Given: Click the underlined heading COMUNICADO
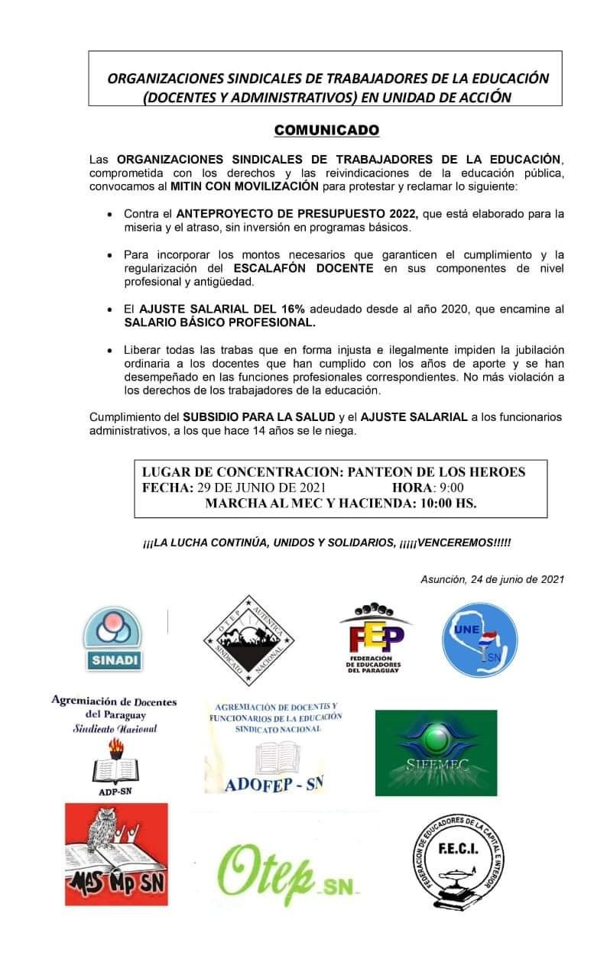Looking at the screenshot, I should click(x=326, y=130).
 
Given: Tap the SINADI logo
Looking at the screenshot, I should click(x=112, y=638).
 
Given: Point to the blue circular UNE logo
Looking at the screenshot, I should click(x=480, y=640).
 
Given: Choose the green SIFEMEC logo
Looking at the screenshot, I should click(x=436, y=753).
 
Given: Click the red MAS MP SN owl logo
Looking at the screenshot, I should click(x=116, y=854).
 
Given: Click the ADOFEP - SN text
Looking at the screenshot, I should click(x=274, y=782).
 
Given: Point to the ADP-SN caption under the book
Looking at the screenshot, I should click(x=115, y=791).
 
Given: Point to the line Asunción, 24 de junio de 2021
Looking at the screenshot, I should click(x=492, y=579).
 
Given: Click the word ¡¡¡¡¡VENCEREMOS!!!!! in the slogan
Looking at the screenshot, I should click(x=455, y=542).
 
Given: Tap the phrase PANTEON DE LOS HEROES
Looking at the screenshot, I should click(x=437, y=472).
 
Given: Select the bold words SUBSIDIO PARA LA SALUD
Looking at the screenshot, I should click(x=259, y=416).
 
